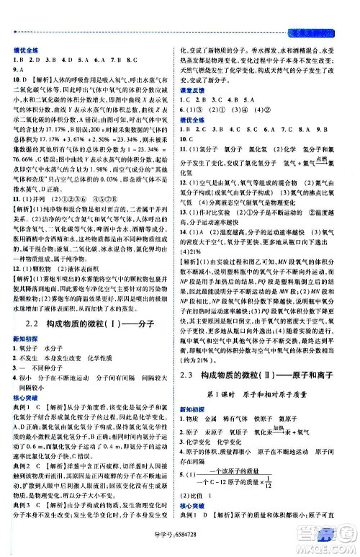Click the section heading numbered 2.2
tap(94, 306)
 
